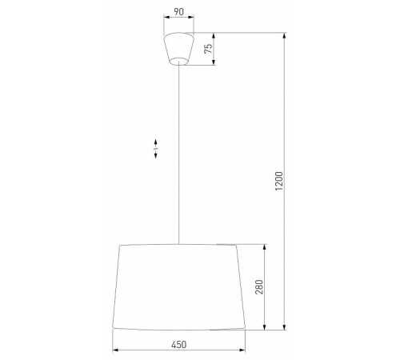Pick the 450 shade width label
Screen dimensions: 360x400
[178, 345]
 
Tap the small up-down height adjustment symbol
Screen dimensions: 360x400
[157, 147]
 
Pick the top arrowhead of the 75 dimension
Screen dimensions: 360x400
[214, 35]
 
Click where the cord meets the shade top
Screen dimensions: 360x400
[177, 242]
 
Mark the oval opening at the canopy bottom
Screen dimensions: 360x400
[177, 63]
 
